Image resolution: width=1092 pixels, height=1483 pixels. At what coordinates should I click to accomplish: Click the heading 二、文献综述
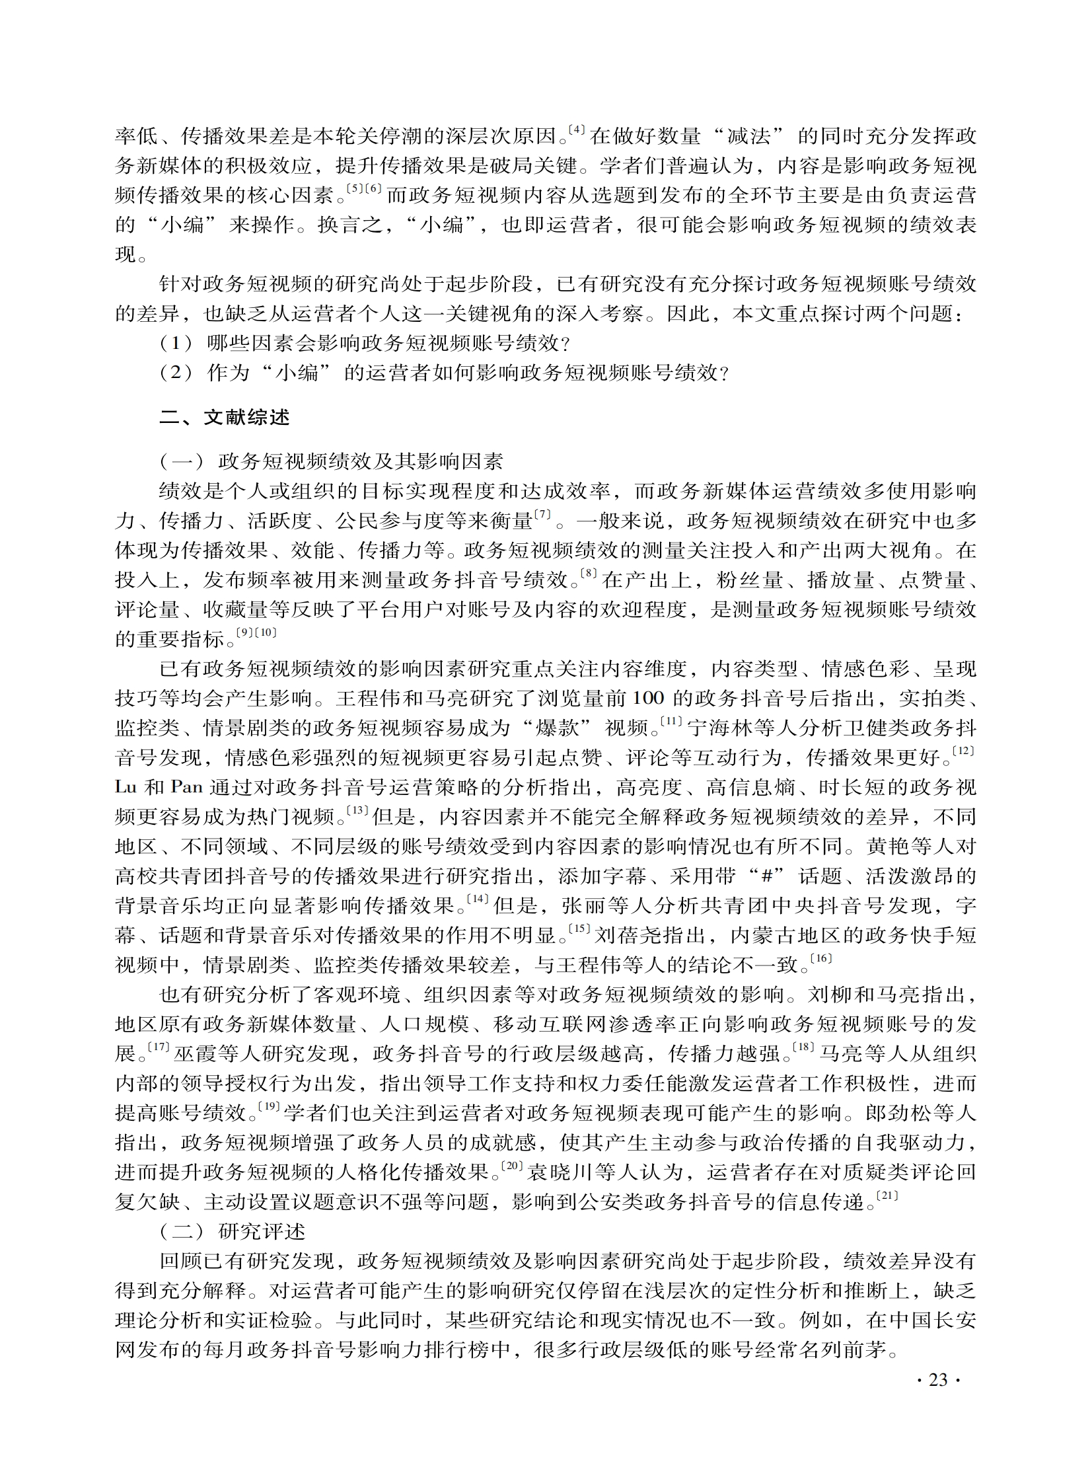[225, 418]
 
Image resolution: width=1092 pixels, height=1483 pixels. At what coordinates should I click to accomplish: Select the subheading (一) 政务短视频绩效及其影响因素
[331, 461]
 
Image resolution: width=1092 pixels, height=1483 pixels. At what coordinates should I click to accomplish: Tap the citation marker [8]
[589, 573]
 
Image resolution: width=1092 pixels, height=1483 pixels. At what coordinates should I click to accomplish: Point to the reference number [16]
[821, 958]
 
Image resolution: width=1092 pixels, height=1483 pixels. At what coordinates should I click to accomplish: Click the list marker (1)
[176, 343]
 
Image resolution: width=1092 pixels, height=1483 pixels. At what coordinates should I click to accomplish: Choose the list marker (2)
[176, 373]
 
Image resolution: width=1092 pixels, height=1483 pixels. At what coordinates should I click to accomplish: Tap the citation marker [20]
[513, 1165]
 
